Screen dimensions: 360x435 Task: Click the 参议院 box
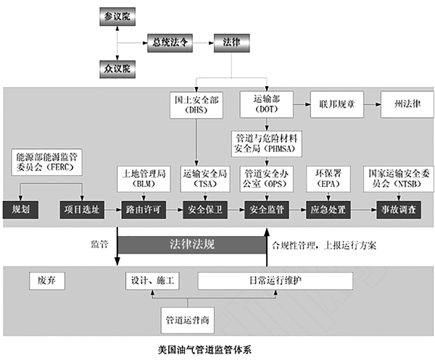117,15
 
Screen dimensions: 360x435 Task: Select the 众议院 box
117,69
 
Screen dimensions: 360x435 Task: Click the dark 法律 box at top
231,43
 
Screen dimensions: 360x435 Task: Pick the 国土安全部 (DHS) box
196,106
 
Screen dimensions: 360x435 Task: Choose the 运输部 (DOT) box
265,106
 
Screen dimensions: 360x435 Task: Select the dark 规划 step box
20,209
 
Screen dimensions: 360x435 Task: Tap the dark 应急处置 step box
328,209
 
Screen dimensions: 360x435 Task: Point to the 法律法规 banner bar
191,243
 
